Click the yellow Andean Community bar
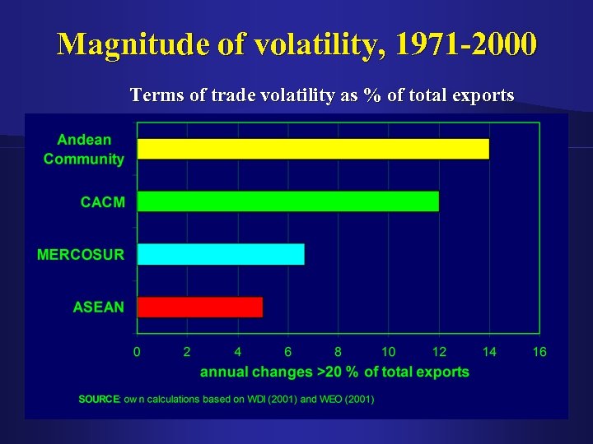pyautogui.click(x=313, y=149)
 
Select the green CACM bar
pyautogui.click(x=287, y=201)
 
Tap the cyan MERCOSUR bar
pyautogui.click(x=221, y=254)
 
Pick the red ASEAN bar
pyautogui.click(x=199, y=307)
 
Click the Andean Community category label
pyautogui.click(x=84, y=150)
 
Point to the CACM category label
pyautogui.click(x=102, y=201)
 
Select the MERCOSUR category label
pyautogui.click(x=81, y=254)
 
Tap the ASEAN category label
pyautogui.click(x=99, y=307)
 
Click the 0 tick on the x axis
pyautogui.click(x=137, y=352)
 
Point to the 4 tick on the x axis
pyautogui.click(x=237, y=352)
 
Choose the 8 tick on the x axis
pyautogui.click(x=338, y=352)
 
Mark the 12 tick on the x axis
pyautogui.click(x=439, y=352)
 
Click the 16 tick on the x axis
pyautogui.click(x=539, y=352)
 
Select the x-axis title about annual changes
pyautogui.click(x=334, y=372)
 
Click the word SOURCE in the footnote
pyautogui.click(x=99, y=400)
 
